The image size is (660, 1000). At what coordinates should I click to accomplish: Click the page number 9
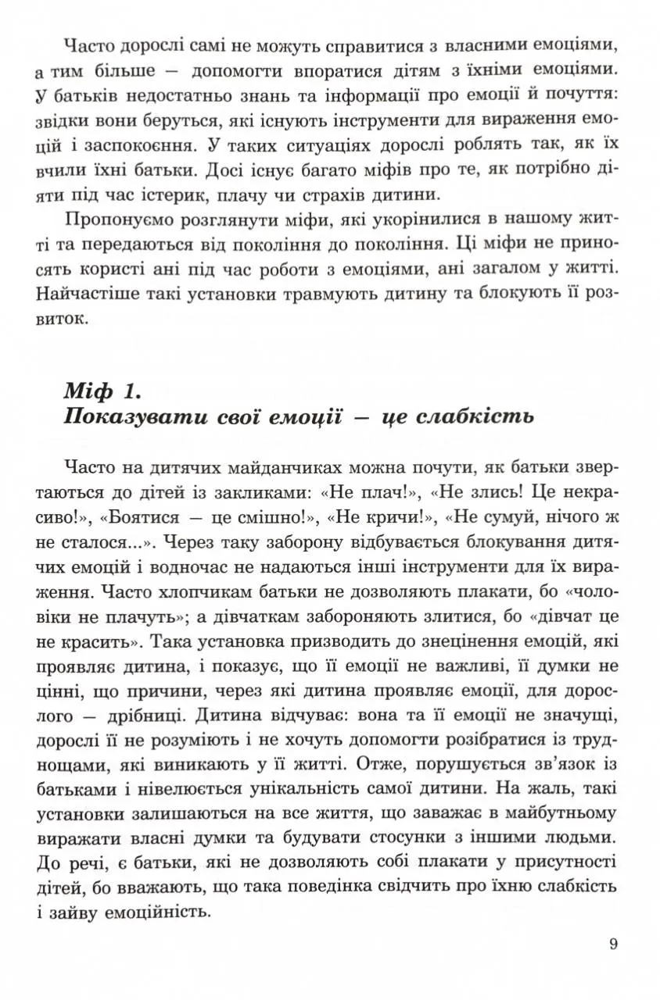click(613, 944)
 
